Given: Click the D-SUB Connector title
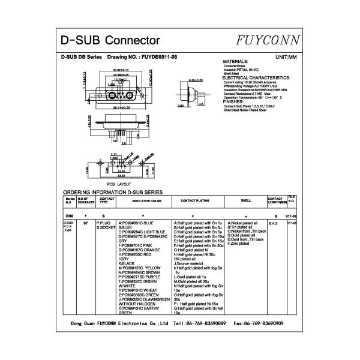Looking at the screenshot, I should coord(110,41).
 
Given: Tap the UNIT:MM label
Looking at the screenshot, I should coord(286,56).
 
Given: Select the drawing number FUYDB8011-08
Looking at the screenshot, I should coord(158,56).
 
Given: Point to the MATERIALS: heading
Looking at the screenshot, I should coord(235,62).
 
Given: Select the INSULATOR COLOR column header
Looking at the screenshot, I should coord(143,200).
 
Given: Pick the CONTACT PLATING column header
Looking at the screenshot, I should coord(195,200).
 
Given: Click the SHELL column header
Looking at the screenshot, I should coord(245,200).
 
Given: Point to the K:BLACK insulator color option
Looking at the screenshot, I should coord(127,263).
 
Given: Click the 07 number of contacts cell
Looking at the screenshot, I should coord(86,223).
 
